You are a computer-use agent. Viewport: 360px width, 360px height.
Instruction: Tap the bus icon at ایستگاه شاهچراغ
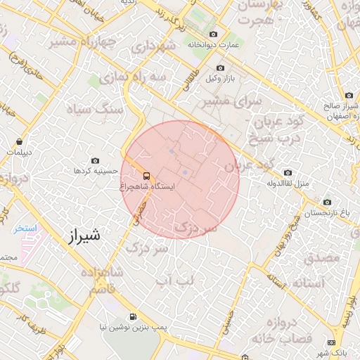pos(146,176)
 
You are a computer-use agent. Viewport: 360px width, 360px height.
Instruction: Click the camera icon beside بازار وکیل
pos(220,68)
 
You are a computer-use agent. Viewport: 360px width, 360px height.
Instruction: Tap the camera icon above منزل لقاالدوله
pos(288,172)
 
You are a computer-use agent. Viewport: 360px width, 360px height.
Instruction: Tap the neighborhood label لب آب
pos(174,281)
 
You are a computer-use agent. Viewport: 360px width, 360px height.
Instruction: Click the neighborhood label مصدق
pos(322,259)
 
